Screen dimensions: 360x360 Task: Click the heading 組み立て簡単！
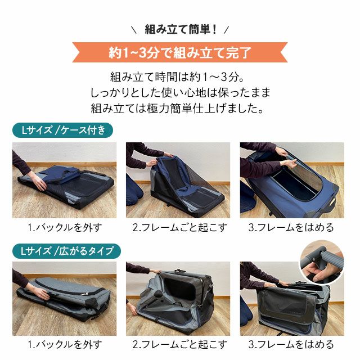[x=181, y=30]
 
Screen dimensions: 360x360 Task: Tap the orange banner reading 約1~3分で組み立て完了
[x=180, y=52]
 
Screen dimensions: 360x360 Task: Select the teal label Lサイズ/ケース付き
[x=62, y=130]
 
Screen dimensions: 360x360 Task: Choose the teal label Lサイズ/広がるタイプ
[x=66, y=251]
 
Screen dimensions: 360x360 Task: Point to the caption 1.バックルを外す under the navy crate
[x=65, y=227]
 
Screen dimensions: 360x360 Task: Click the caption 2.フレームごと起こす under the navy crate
[x=180, y=227]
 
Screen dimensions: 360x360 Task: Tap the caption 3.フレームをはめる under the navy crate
[x=291, y=227]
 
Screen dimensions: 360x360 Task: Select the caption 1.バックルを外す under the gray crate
[x=65, y=344]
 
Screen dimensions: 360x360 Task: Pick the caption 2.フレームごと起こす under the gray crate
[x=180, y=344]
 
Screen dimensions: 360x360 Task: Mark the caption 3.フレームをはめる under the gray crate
[x=291, y=344]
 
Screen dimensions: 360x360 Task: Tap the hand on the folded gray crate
[x=41, y=294]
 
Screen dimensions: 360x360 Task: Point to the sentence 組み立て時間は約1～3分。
[x=177, y=77]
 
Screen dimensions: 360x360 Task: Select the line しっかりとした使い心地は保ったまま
[x=181, y=92]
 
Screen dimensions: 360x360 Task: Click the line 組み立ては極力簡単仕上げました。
[x=177, y=109]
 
